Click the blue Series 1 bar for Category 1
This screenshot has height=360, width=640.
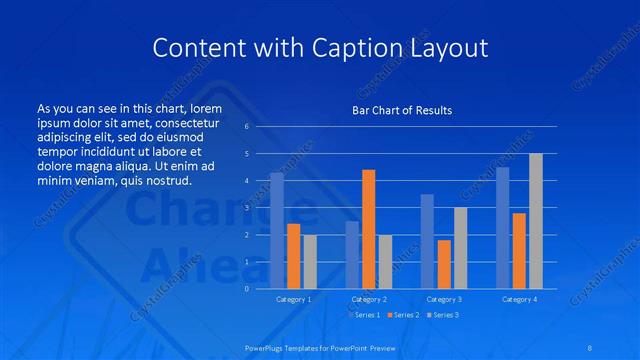point(277,231)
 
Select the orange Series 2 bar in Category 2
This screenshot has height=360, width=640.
point(369,229)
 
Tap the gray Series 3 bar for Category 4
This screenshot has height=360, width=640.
point(536,221)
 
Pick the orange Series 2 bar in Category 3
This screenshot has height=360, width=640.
point(444,264)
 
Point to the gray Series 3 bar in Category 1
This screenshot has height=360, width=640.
point(310,262)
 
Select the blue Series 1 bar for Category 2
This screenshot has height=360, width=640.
point(352,255)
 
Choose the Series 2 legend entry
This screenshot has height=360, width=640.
point(401,315)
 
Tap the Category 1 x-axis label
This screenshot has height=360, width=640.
point(294,299)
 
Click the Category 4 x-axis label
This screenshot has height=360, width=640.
point(519,299)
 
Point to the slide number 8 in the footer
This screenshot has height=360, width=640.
point(590,346)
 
